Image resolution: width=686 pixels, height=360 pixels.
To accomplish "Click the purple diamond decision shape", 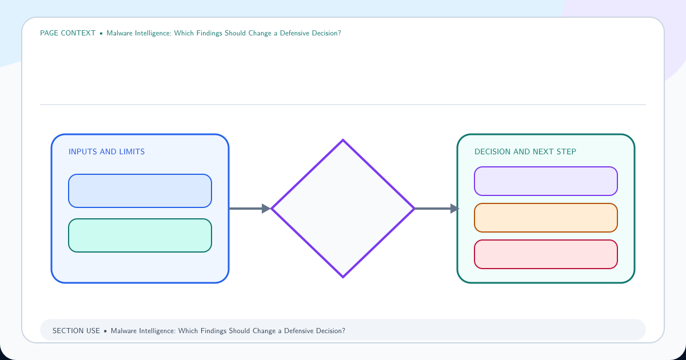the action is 343,209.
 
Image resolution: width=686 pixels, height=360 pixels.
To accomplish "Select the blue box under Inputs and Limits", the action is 140,191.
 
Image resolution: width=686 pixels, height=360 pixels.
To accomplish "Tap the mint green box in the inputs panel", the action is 140,235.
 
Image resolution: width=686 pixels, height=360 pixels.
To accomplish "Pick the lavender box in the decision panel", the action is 546,181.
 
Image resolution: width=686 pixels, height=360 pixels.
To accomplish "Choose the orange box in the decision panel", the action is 546,218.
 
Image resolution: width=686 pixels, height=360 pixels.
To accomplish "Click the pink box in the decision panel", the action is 546,254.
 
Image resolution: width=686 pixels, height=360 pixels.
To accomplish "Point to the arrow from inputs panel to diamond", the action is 250,209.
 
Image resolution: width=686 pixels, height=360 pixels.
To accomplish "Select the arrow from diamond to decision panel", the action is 437,209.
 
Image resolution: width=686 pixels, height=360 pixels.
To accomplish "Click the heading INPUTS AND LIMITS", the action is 106,151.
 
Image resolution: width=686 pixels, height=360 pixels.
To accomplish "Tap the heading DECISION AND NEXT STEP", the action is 525,151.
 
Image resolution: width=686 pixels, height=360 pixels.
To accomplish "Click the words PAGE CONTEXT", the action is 67,33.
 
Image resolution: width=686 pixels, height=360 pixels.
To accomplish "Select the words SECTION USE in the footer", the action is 76,331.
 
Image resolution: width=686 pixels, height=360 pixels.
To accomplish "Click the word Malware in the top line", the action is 119,33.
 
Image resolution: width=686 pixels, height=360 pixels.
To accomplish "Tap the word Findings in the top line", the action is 209,33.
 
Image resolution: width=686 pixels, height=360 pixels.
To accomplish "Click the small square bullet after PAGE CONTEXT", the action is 101,33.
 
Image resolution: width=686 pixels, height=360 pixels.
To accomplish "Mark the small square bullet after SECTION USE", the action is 105,331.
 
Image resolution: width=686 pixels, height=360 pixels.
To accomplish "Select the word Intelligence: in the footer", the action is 157,331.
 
